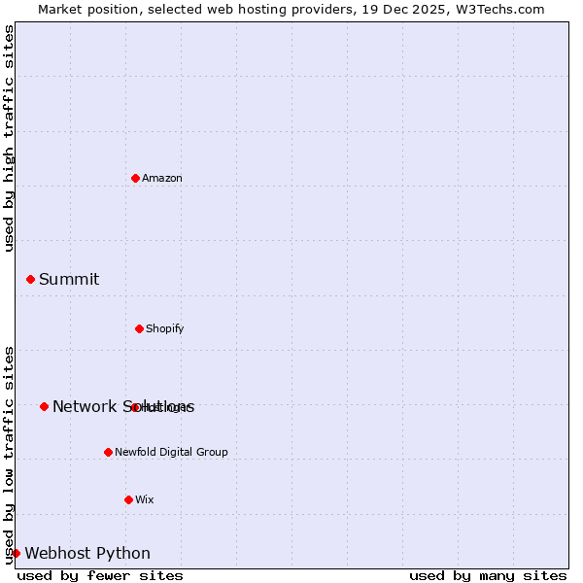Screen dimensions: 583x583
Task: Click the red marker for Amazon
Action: (135, 178)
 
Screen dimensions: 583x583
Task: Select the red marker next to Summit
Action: (30, 279)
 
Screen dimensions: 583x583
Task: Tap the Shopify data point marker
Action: (139, 328)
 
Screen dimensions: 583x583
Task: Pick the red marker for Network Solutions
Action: (44, 406)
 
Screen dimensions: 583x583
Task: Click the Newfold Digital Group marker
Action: (108, 452)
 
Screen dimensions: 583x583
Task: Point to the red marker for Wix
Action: (128, 499)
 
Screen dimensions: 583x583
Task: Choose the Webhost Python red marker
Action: (16, 553)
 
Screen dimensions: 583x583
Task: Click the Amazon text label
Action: (162, 178)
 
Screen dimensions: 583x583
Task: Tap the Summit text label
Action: (69, 280)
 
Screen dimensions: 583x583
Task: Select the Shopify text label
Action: (165, 328)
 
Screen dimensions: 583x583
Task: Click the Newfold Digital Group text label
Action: (171, 452)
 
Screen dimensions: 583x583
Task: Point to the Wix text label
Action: (145, 499)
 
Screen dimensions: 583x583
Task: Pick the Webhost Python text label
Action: (87, 554)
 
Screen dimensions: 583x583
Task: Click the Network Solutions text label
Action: (123, 407)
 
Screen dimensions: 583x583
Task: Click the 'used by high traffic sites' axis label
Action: (9, 138)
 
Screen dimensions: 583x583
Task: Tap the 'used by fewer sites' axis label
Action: (100, 575)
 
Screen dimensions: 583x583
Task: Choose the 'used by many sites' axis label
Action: (488, 575)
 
